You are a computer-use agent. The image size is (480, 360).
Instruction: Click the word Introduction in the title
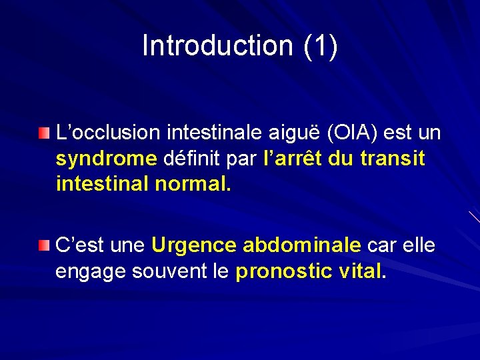(217, 46)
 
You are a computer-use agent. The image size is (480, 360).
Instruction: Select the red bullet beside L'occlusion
(44, 134)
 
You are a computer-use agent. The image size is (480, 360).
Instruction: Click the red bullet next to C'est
(44, 246)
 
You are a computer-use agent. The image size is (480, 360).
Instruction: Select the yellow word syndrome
(107, 159)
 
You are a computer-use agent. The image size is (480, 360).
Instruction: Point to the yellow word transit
(393, 159)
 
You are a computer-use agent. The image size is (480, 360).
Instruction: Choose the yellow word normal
(193, 183)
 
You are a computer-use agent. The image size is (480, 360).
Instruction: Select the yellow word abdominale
(302, 245)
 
